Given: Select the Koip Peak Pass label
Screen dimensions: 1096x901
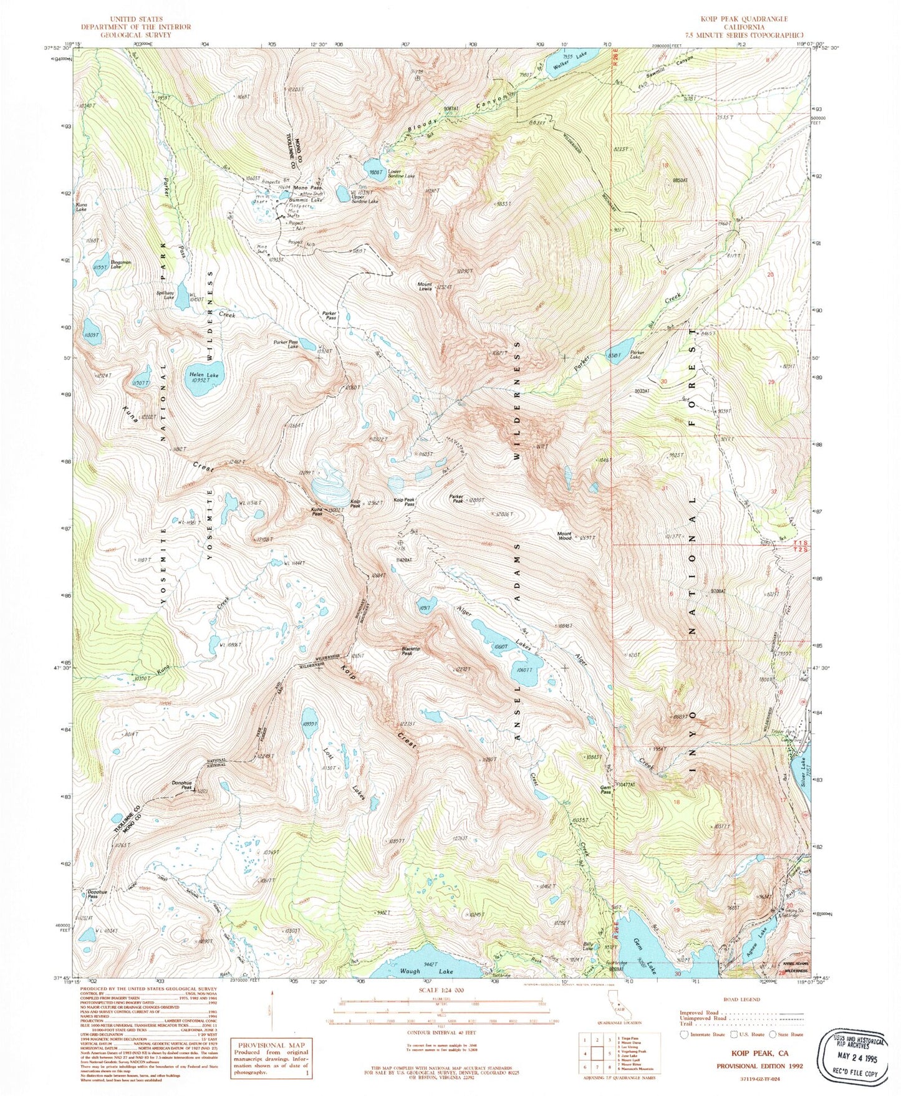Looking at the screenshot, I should click(404, 501).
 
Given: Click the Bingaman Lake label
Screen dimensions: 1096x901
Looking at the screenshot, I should click(121, 264).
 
